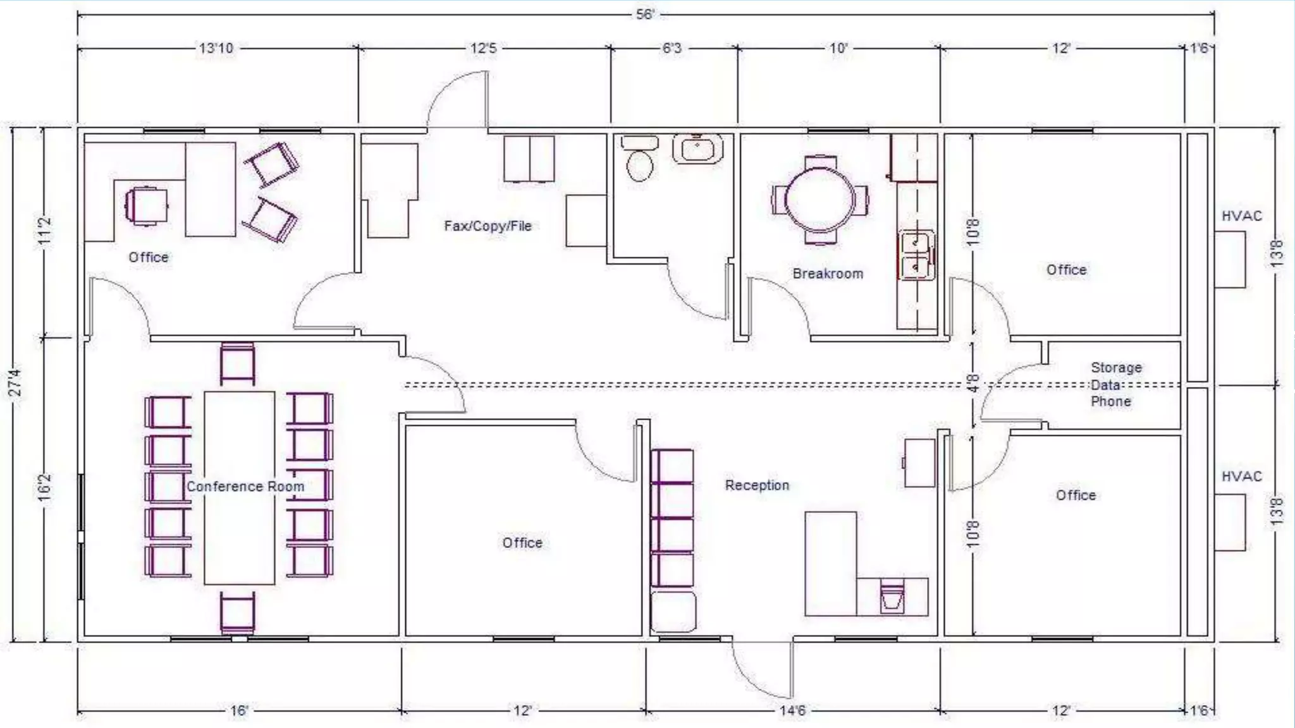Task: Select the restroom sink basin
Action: [x=697, y=149]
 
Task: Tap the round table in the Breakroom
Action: [x=819, y=200]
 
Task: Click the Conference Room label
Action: [x=245, y=487]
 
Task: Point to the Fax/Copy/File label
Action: [x=488, y=226]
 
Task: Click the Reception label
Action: [x=757, y=485]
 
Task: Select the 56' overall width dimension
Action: [x=644, y=14]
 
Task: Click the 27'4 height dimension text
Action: [x=15, y=382]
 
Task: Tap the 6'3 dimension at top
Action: [x=672, y=48]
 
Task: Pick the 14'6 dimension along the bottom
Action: [x=792, y=710]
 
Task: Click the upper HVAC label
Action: [x=1241, y=216]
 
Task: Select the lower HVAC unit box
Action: [x=1230, y=523]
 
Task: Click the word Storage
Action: [x=1116, y=367]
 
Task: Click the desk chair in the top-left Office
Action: [x=147, y=205]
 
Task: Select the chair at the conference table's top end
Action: [x=238, y=364]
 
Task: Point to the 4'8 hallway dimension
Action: [x=974, y=383]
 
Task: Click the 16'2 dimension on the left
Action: [x=44, y=488]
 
